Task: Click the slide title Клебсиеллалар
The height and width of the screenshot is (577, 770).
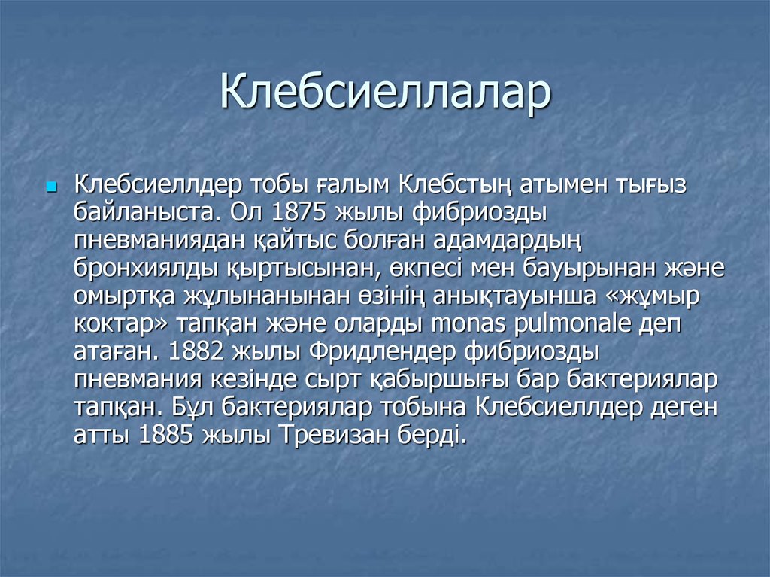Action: [x=385, y=94]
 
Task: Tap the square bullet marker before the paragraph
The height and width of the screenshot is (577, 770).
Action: [x=52, y=186]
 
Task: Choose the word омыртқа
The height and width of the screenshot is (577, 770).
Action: [x=124, y=296]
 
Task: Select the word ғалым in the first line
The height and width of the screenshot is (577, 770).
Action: [x=352, y=185]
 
